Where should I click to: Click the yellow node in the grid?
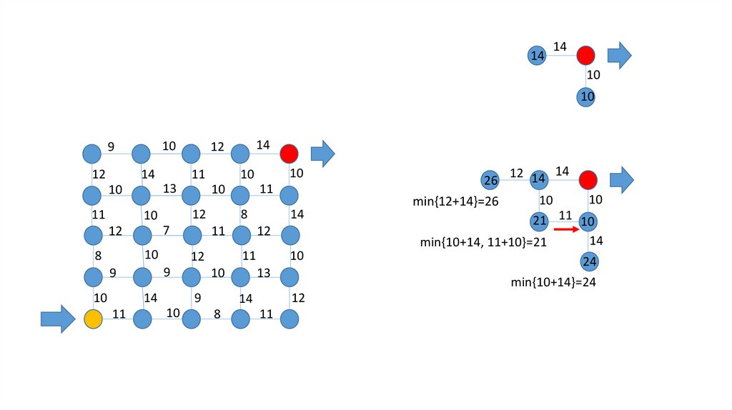click(92, 319)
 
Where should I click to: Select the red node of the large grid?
click(289, 154)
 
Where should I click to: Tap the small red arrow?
click(565, 230)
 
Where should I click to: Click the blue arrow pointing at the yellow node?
click(57, 319)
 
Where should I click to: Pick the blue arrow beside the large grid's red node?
click(322, 154)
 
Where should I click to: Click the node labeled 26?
click(490, 179)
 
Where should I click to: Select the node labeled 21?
click(539, 221)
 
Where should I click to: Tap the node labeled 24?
click(588, 262)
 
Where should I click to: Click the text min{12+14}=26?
click(455, 201)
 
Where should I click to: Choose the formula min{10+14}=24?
click(553, 282)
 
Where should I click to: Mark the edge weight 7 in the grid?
click(166, 229)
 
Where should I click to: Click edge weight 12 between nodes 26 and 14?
click(516, 172)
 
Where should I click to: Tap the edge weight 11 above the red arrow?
click(565, 214)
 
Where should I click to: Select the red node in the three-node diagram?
click(586, 55)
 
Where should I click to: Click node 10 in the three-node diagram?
click(587, 96)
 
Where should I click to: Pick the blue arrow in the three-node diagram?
click(619, 54)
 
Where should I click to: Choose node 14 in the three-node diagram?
click(538, 55)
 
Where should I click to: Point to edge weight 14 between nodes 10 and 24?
click(596, 241)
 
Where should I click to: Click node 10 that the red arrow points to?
click(588, 221)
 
